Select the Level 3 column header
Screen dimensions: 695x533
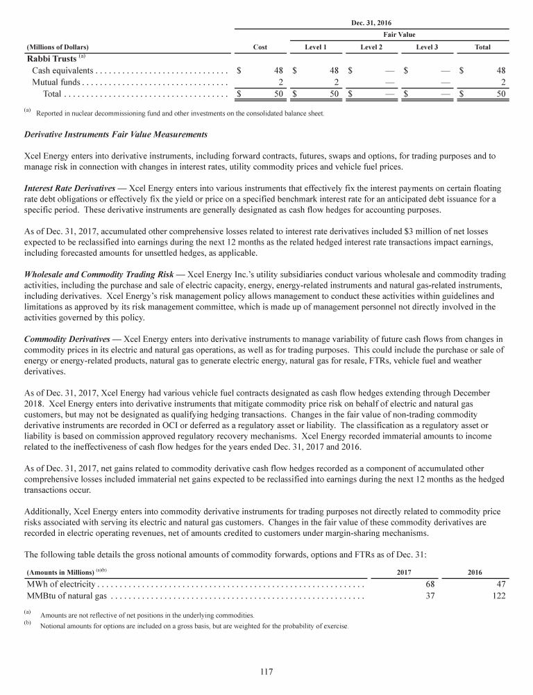[x=427, y=47]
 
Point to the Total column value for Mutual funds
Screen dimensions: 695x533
[x=503, y=82]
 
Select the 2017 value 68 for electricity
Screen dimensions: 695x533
[x=430, y=584]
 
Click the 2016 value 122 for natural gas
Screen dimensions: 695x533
[x=498, y=596]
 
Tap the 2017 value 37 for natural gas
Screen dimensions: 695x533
[x=430, y=596]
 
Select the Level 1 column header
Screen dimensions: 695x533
[x=316, y=47]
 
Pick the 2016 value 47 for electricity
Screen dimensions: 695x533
[x=500, y=584]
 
